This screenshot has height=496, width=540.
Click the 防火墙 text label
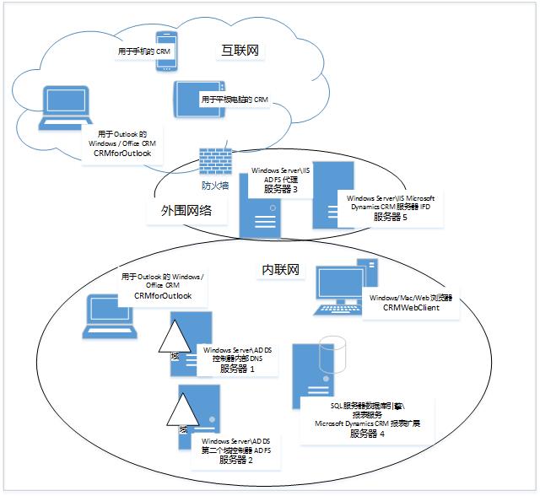click(x=216, y=185)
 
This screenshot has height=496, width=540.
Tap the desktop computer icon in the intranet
click(x=346, y=287)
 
